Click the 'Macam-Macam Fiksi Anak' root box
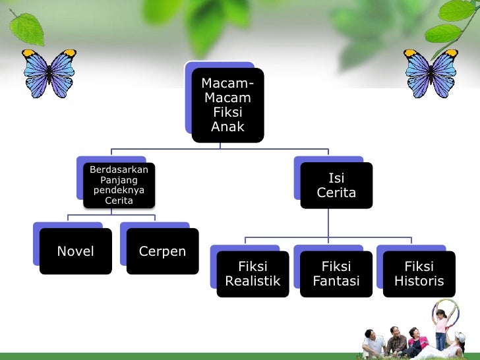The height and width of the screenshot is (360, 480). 227,105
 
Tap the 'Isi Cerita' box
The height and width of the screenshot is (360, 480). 336,185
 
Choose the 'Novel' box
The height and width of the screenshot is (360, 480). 75,251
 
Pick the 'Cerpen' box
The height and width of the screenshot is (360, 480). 162,251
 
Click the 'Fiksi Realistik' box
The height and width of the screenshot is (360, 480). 253,274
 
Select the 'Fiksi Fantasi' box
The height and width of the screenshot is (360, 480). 336,274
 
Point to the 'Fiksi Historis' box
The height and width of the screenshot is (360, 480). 419,274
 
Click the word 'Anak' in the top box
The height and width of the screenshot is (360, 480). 227,127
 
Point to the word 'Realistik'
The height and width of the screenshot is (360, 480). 253,282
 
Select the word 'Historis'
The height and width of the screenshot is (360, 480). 419,282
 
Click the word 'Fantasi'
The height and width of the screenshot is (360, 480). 336,282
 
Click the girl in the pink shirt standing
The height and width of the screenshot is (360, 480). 440,330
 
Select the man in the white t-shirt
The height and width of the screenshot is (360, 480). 375,343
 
